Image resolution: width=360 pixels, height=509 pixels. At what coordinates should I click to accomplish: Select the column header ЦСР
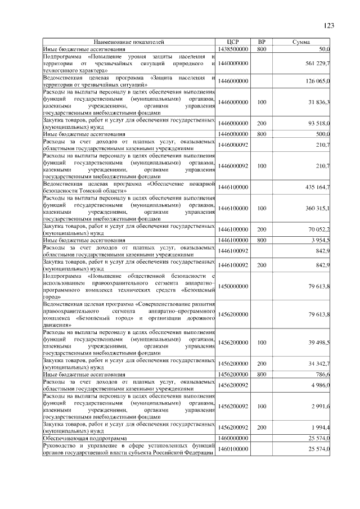click(233, 42)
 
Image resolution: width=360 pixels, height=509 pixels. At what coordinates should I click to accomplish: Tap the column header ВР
click(261, 42)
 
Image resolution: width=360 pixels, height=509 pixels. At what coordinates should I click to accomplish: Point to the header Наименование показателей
click(129, 42)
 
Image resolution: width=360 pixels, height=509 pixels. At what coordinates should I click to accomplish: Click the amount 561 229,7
click(317, 64)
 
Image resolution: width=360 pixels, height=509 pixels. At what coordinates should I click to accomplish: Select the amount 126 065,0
click(317, 82)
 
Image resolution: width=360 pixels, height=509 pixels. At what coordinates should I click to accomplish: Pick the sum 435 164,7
click(317, 187)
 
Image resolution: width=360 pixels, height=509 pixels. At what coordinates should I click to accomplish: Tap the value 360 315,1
click(317, 208)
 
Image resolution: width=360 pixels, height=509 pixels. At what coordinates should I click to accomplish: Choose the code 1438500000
click(233, 49)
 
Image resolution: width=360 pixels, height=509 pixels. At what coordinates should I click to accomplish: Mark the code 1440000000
click(233, 64)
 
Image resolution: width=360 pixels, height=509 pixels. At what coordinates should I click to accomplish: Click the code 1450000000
click(233, 287)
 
